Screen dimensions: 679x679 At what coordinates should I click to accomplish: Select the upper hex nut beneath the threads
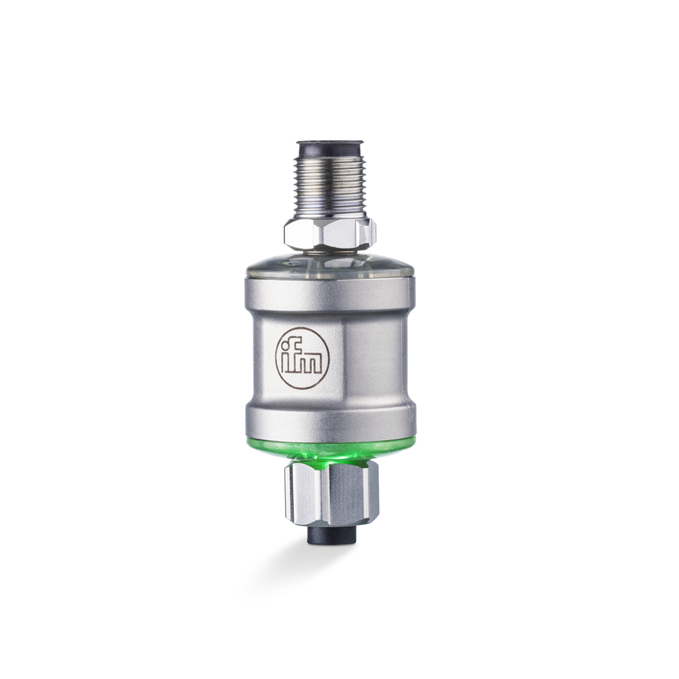point(325,233)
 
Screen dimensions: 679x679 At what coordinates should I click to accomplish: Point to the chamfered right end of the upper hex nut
point(369,232)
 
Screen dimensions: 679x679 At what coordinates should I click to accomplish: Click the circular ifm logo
point(302,359)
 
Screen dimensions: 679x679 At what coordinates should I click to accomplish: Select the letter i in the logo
point(287,357)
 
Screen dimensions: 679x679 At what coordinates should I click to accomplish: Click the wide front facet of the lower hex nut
point(338,494)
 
